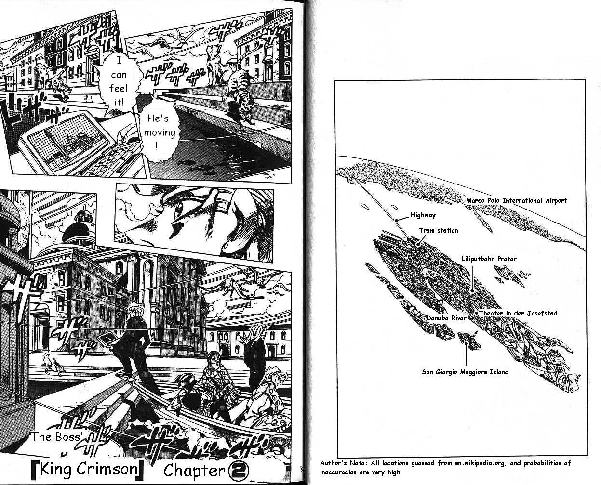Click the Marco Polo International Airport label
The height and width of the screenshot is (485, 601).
coord(516,200)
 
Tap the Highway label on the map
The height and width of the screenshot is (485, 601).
coord(423,215)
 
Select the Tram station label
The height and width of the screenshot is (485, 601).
coord(439,230)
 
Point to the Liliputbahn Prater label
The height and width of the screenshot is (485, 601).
coord(489,259)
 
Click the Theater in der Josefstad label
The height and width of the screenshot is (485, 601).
coord(518,313)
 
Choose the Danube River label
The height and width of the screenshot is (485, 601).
coord(447,318)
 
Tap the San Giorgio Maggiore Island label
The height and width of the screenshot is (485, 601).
coord(465,372)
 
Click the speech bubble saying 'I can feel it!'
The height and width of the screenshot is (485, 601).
coord(119,82)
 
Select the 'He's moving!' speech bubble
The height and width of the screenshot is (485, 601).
coord(159,132)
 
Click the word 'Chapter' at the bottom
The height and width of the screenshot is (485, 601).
coord(194,471)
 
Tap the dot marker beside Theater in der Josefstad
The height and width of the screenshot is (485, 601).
coord(477,313)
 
